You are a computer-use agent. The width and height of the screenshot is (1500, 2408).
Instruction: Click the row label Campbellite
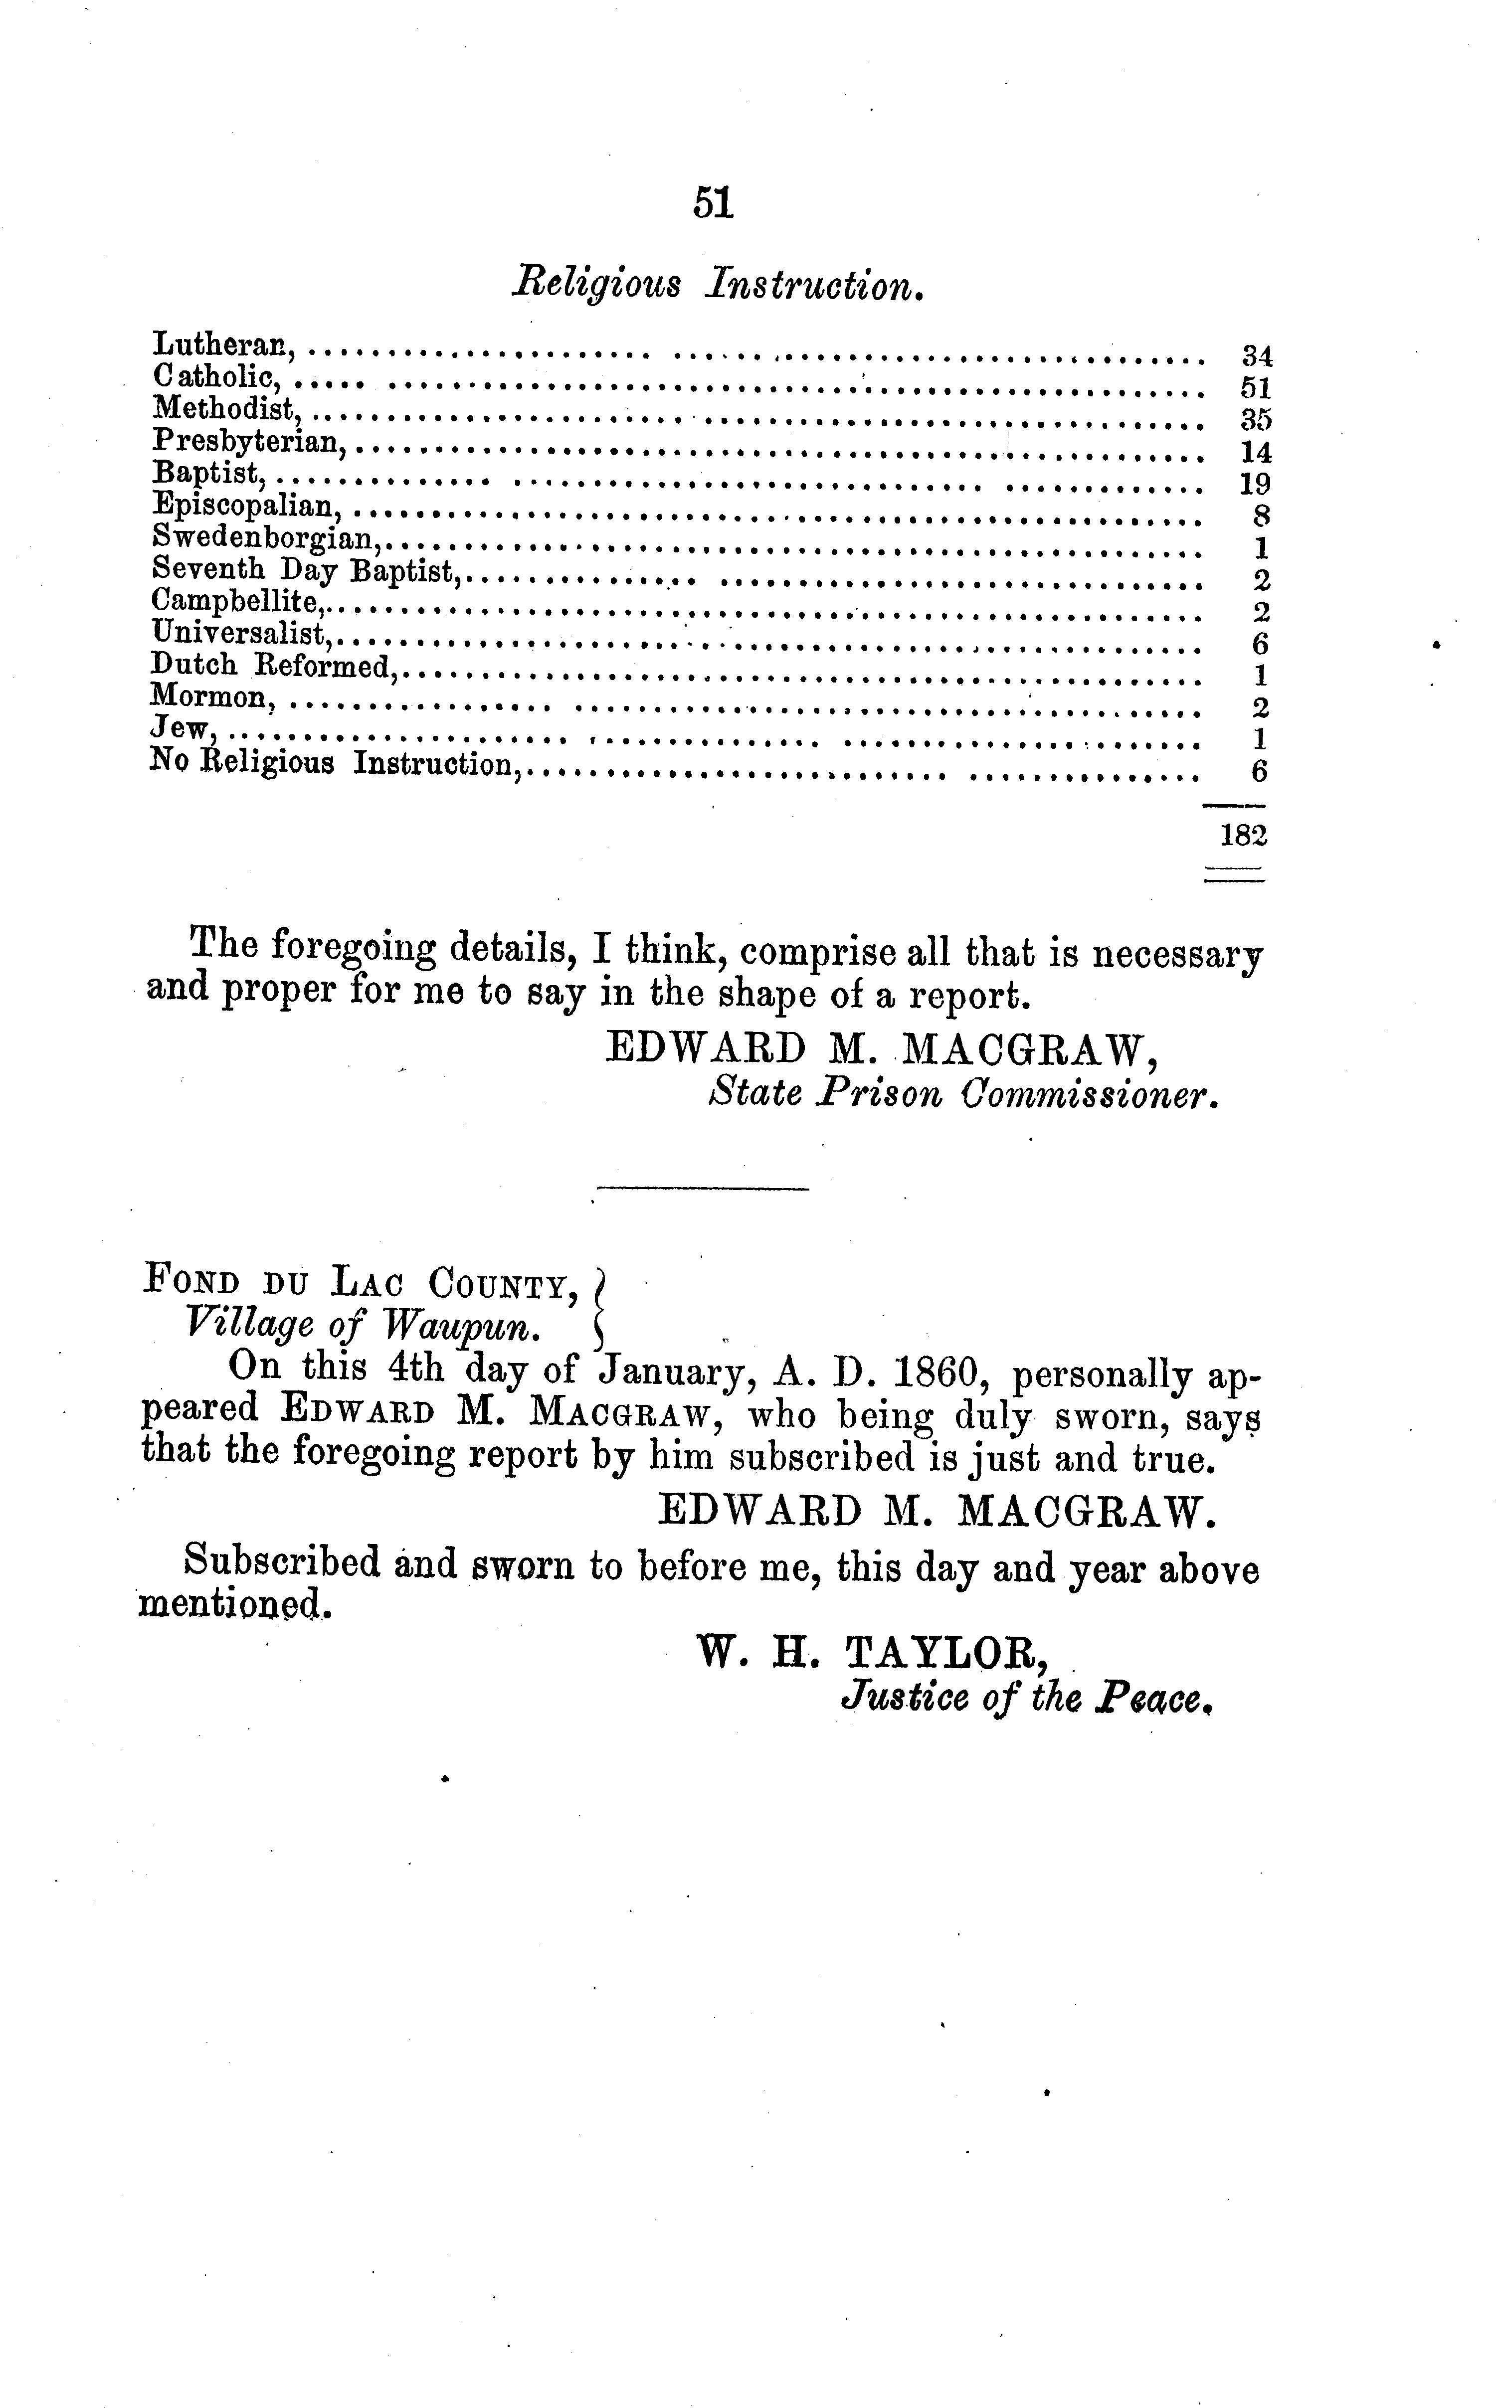coord(234,601)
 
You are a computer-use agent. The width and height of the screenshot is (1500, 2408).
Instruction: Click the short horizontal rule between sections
coord(703,1188)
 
